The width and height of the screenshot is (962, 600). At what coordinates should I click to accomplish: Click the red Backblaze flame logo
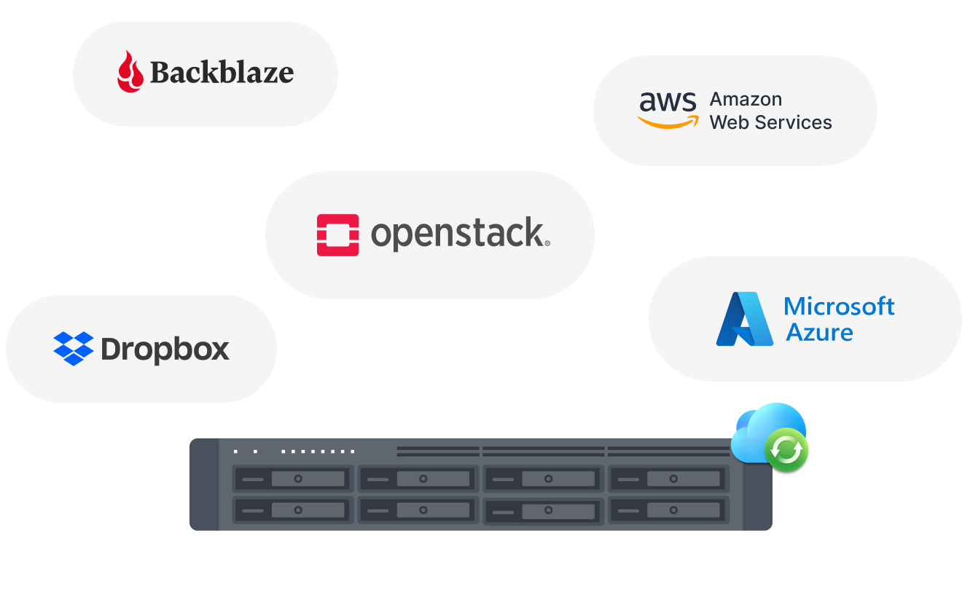pyautogui.click(x=130, y=71)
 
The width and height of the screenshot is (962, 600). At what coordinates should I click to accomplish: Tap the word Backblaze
pyautogui.click(x=222, y=72)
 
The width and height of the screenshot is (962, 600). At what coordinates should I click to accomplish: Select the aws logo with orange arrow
pyautogui.click(x=668, y=110)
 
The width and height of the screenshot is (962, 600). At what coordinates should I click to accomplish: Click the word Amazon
pyautogui.click(x=746, y=99)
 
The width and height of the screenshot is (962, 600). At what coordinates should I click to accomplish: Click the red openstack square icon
pyautogui.click(x=338, y=235)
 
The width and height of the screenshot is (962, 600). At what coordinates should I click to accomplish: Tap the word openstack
pyautogui.click(x=460, y=234)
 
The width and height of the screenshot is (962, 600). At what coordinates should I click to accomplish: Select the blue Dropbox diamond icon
pyautogui.click(x=74, y=349)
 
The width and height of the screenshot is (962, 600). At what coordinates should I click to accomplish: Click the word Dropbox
pyautogui.click(x=165, y=350)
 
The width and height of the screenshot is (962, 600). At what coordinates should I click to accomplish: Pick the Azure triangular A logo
pyautogui.click(x=744, y=319)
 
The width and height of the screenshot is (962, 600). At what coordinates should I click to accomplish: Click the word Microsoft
pyautogui.click(x=839, y=307)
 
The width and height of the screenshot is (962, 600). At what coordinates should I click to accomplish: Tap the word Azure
pyautogui.click(x=819, y=333)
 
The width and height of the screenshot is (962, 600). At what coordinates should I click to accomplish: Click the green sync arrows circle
pyautogui.click(x=786, y=450)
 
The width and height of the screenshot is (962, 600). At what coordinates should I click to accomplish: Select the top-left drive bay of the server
pyautogui.click(x=293, y=478)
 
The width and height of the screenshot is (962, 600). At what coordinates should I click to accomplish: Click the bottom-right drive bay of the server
pyautogui.click(x=669, y=510)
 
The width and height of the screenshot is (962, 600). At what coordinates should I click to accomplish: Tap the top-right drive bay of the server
pyautogui.click(x=669, y=478)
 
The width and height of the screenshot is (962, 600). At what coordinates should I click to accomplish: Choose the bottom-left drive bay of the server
pyautogui.click(x=293, y=510)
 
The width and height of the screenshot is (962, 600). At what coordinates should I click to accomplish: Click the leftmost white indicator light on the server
pyautogui.click(x=236, y=451)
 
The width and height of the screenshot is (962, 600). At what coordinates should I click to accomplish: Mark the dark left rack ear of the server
pyautogui.click(x=204, y=484)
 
